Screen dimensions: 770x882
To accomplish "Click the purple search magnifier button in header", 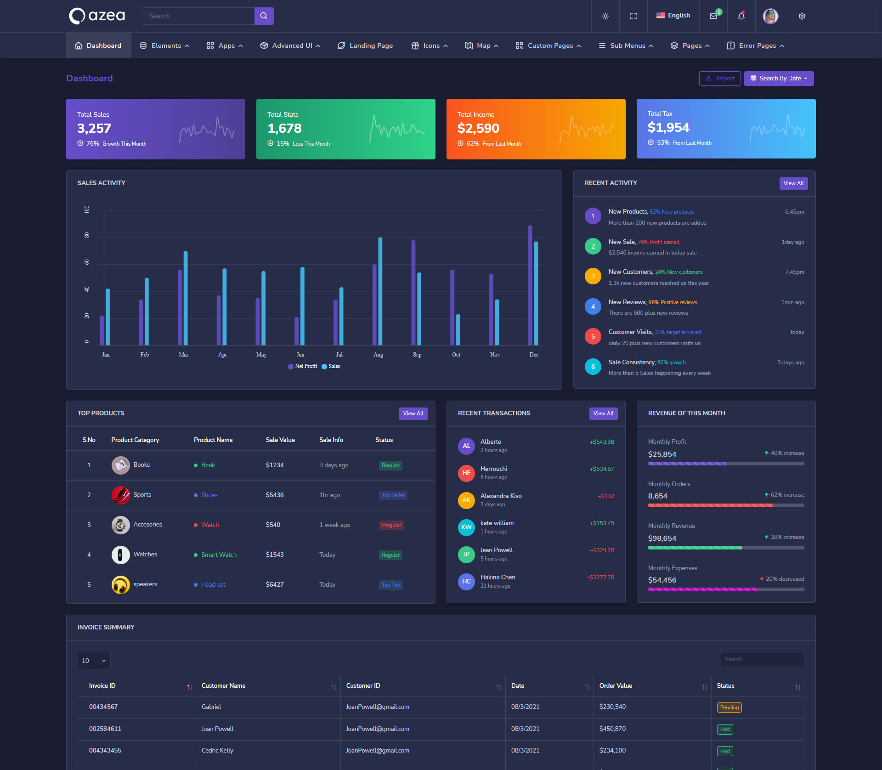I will (264, 16).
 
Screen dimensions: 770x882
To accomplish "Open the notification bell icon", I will (741, 16).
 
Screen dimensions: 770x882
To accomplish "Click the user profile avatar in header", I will (770, 16).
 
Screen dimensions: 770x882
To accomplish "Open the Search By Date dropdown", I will (779, 79).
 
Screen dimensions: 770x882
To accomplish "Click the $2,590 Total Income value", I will (478, 129).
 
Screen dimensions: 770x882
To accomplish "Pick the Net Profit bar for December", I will (530, 285).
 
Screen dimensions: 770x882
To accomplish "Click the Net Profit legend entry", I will (303, 366).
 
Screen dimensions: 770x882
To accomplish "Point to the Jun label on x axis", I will (300, 355).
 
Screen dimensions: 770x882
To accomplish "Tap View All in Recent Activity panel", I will (793, 183).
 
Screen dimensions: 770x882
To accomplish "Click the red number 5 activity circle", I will (593, 336).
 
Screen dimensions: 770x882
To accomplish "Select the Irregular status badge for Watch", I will (391, 525).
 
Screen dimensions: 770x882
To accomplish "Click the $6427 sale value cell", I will (275, 584).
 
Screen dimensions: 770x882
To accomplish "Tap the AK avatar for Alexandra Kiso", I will (466, 500).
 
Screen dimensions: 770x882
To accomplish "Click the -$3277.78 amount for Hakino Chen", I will (600, 577).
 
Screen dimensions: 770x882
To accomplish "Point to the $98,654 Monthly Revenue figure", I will (662, 538).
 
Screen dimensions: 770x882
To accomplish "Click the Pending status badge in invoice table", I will (729, 708).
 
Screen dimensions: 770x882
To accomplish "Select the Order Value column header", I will (616, 686).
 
